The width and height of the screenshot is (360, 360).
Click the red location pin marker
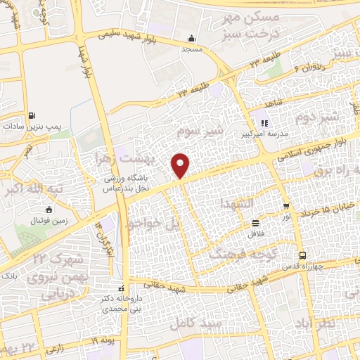pos(181,165)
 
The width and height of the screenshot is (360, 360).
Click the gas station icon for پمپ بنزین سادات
pos(32,117)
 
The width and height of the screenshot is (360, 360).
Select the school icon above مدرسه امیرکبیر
pos(264,123)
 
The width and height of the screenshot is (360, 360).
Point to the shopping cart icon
pos(286,206)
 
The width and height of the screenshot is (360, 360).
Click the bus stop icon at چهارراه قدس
pos(302,256)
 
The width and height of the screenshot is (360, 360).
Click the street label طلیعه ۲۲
pos(174,91)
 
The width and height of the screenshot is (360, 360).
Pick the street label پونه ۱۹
pos(105,341)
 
